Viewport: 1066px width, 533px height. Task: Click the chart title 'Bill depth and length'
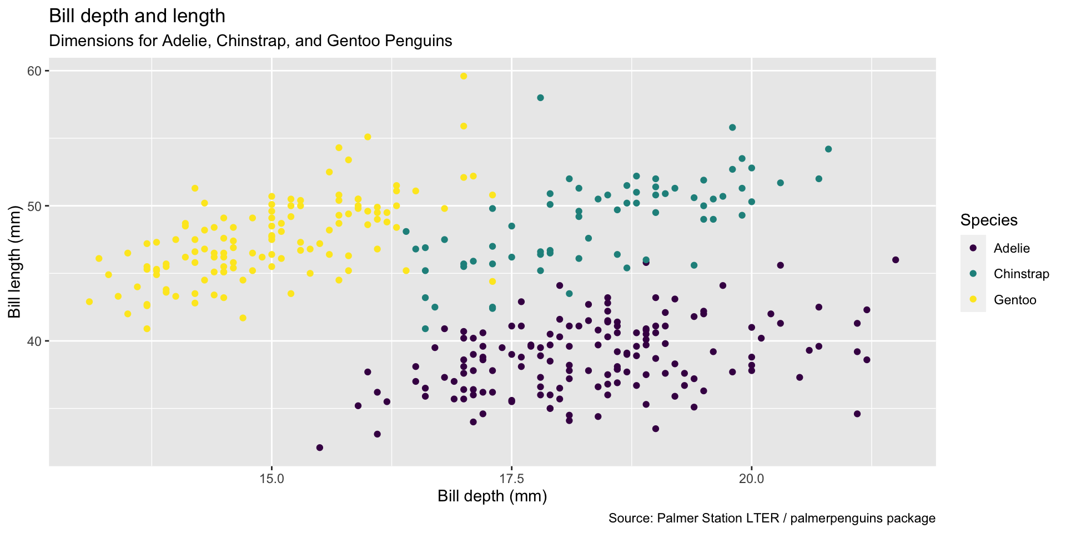click(137, 16)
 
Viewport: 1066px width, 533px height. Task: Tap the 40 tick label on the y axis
click(35, 341)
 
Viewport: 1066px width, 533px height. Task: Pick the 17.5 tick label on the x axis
click(511, 479)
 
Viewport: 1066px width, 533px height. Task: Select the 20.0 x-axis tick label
click(751, 479)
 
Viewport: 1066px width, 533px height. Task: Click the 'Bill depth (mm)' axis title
click(492, 496)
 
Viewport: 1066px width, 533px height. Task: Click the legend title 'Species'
click(989, 220)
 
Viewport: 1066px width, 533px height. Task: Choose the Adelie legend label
click(1012, 248)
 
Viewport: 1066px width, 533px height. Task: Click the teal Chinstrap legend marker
click(973, 274)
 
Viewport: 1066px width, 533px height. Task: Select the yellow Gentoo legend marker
click(973, 300)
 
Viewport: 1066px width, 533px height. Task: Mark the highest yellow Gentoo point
click(464, 76)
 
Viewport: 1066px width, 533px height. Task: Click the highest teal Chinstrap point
click(540, 98)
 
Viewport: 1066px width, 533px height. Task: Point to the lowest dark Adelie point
click(319, 447)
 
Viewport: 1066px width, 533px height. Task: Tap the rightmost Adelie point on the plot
click(895, 260)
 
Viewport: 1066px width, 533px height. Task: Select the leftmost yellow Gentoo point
click(89, 302)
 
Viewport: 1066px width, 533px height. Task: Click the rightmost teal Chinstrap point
click(828, 149)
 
